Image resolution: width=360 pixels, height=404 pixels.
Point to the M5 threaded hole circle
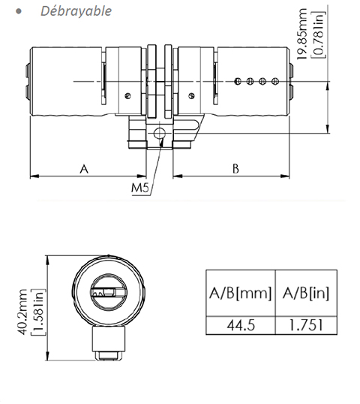click(159, 134)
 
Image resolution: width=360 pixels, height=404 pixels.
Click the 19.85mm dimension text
click(302, 36)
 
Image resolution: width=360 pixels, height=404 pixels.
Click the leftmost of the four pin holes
click(237, 80)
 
